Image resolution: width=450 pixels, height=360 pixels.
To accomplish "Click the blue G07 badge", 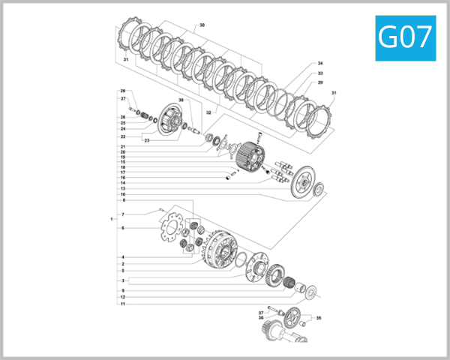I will point(405,37).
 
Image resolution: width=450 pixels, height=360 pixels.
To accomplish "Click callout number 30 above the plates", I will point(202,25).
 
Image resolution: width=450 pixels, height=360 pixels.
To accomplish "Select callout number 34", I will point(320,64).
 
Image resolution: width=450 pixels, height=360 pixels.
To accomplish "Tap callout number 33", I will point(320,73).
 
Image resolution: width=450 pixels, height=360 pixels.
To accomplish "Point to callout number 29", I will point(320,82).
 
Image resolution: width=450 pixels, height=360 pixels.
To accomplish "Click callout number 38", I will point(181,100).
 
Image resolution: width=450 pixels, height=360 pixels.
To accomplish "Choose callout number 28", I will point(122,91).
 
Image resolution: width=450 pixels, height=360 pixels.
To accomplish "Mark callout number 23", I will point(147,140).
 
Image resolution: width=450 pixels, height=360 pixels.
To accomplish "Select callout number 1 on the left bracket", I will point(111,219).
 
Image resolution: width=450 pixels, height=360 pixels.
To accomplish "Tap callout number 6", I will point(122,228).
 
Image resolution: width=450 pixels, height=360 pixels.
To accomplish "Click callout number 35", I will point(319,319).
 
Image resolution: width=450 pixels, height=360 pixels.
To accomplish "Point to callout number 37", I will point(261,312).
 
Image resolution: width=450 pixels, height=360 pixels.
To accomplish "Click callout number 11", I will point(122,304).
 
